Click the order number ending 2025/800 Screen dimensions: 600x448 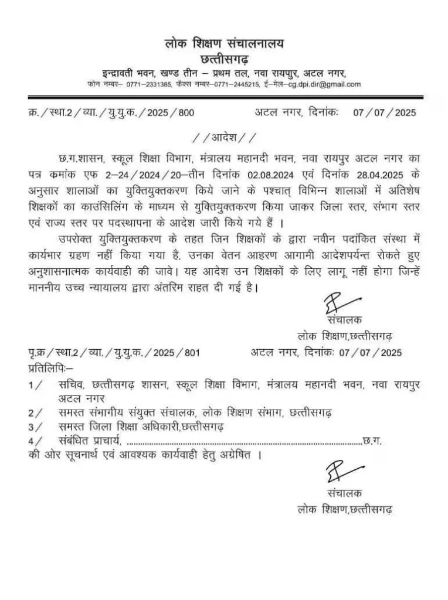[171, 113]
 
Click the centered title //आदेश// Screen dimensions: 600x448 [224, 138]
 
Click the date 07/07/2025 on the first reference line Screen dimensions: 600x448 [383, 113]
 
